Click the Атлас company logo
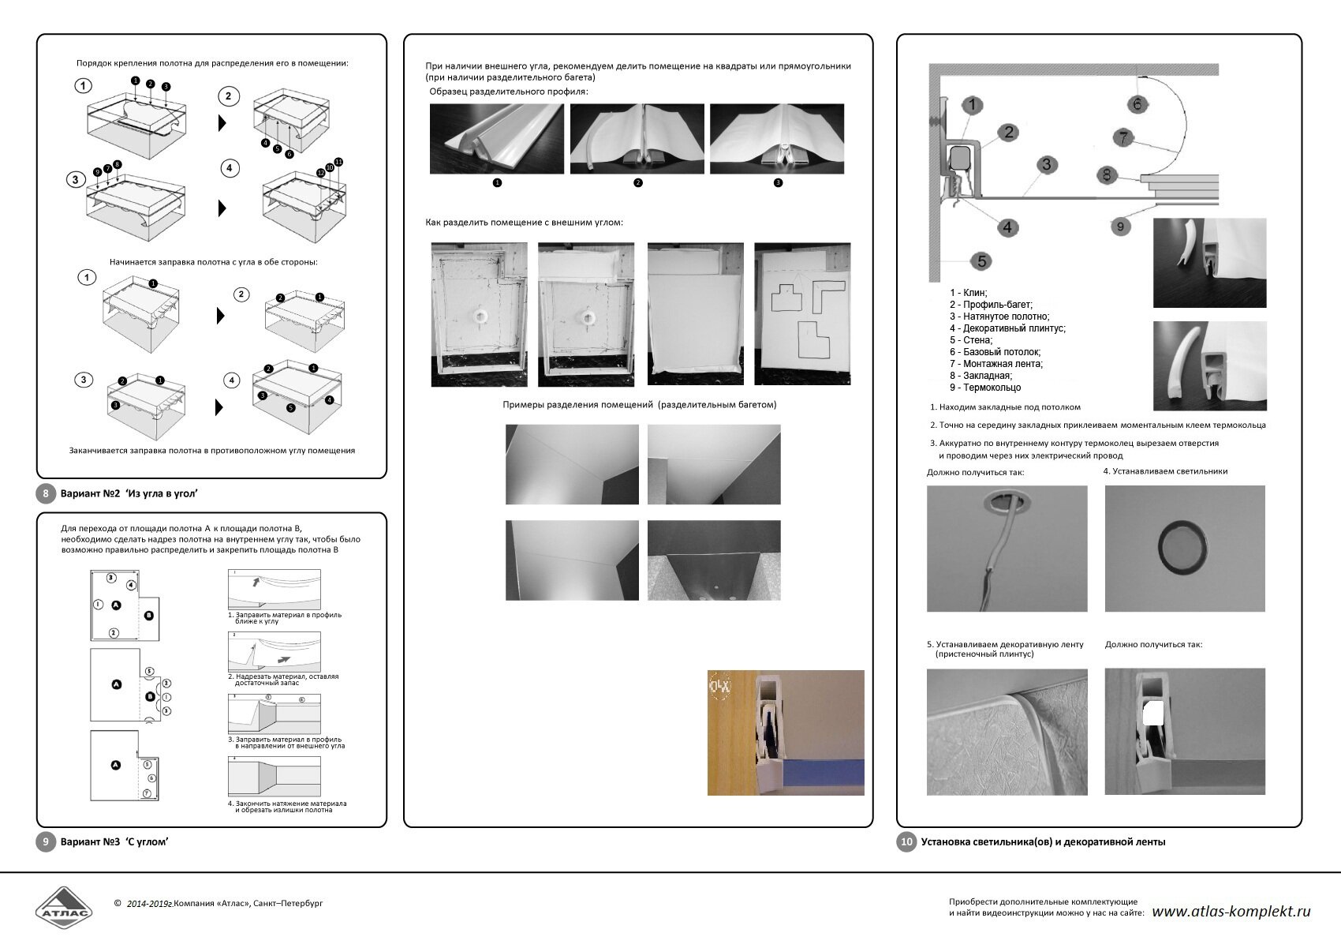point(63,909)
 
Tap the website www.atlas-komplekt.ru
point(1231,911)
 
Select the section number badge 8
point(46,494)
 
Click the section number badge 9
point(46,841)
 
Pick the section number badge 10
point(906,841)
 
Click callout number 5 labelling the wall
point(981,260)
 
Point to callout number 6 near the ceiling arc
point(1137,103)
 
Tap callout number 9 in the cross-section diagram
point(1120,227)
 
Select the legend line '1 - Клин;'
point(968,293)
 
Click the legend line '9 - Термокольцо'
point(985,388)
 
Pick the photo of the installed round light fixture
point(1184,548)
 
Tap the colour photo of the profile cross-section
point(786,733)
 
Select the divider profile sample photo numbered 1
point(496,139)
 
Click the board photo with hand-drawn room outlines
point(802,313)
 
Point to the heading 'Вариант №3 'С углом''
point(114,841)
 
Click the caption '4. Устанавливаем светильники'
point(1165,471)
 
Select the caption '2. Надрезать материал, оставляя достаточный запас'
point(283,680)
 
